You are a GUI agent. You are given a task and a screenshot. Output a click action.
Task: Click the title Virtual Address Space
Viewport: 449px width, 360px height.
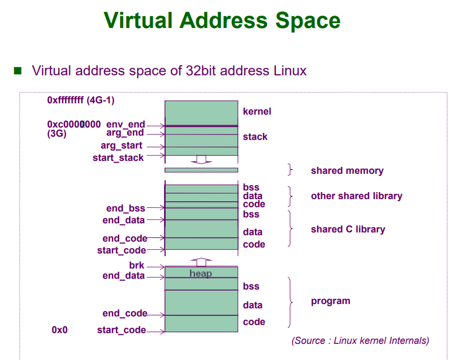point(222,20)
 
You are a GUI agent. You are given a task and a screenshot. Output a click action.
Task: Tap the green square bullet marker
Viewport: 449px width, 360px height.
point(18,70)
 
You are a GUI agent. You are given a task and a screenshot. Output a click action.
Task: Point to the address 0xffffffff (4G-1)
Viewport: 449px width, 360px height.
point(81,100)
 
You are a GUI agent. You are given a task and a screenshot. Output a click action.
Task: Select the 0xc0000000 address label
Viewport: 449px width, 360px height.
point(74,124)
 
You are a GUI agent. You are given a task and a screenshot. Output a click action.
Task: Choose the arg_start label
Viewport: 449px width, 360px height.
point(122,145)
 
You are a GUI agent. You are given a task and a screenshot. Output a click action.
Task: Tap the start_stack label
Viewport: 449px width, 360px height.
point(118,158)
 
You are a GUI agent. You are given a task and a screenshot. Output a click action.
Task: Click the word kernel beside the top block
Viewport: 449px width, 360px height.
point(257,111)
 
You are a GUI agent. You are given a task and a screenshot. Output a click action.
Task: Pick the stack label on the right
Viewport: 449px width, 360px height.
point(255,137)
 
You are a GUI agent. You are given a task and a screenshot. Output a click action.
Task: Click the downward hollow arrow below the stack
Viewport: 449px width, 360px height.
point(201,159)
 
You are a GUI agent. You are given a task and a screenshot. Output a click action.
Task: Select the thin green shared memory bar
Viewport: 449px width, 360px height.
point(201,170)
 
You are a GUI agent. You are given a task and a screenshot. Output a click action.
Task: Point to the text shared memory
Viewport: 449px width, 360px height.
point(347,171)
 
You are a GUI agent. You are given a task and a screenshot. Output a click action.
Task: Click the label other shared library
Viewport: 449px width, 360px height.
point(356,196)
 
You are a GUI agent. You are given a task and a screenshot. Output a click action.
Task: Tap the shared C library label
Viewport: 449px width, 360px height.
point(348,229)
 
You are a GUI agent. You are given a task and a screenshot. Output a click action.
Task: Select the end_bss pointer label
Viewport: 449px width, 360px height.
point(126,208)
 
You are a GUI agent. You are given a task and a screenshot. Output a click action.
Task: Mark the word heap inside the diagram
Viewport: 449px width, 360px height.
point(201,273)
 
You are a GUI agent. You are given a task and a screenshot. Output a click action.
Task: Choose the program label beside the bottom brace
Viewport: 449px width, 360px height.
point(330,301)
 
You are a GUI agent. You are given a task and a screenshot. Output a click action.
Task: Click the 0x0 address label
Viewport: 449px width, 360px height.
point(60,330)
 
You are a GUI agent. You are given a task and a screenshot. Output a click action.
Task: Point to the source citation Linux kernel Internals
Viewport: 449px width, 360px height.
point(360,340)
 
